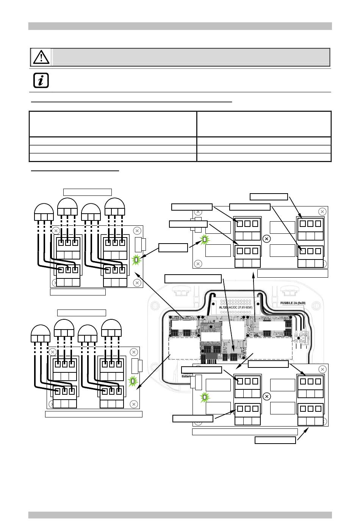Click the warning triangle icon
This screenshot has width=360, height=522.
click(41, 57)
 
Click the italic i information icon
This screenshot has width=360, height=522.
click(41, 80)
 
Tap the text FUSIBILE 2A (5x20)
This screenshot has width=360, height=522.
click(293, 303)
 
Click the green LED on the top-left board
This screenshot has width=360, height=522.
click(136, 260)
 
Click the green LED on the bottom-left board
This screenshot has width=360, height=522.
click(133, 381)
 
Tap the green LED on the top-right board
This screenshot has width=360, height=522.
click(205, 239)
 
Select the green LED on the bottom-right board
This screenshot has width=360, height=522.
click(205, 397)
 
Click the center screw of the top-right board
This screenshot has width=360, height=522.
click(266, 239)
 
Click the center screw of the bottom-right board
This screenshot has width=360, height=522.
click(266, 396)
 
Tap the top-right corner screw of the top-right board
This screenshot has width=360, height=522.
click(322, 211)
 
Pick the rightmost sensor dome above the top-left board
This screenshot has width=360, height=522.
click(114, 206)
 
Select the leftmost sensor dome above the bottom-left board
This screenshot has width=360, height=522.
click(41, 333)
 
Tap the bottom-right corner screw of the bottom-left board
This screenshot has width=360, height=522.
click(133, 404)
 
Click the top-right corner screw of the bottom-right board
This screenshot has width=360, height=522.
click(322, 369)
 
